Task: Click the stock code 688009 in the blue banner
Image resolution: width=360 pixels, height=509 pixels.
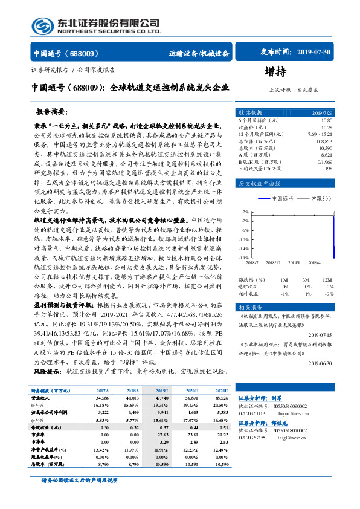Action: [x=81, y=53]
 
